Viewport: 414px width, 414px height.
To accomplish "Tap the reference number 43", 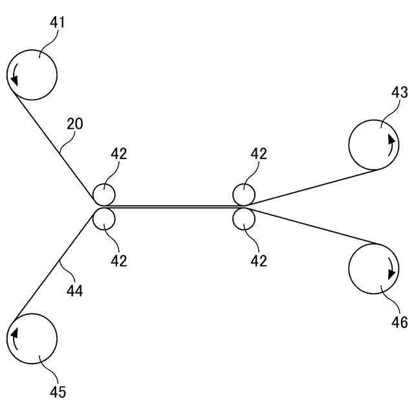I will pos(399,93).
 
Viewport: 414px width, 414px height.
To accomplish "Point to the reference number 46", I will pos(399,321).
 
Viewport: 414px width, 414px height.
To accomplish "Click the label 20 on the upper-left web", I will pos(74,124).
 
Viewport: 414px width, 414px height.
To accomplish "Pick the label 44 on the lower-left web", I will pos(74,291).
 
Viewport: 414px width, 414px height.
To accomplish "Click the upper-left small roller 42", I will pos(103,194).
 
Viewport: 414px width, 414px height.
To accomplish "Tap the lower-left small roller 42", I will pos(103,219).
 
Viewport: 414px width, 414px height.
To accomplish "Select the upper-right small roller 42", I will pos(244,194).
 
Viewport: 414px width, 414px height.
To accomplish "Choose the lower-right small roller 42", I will pos(244,219).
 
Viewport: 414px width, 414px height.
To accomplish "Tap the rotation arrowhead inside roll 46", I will pos(391,274).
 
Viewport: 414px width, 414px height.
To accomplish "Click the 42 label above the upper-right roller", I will pos(259,154).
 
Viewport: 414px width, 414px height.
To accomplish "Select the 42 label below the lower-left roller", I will pos(118,261).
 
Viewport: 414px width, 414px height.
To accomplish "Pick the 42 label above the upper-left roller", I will pos(118,154).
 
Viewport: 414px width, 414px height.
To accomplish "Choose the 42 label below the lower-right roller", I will pos(259,261).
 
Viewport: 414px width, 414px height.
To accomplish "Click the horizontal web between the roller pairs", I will pos(173,206).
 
